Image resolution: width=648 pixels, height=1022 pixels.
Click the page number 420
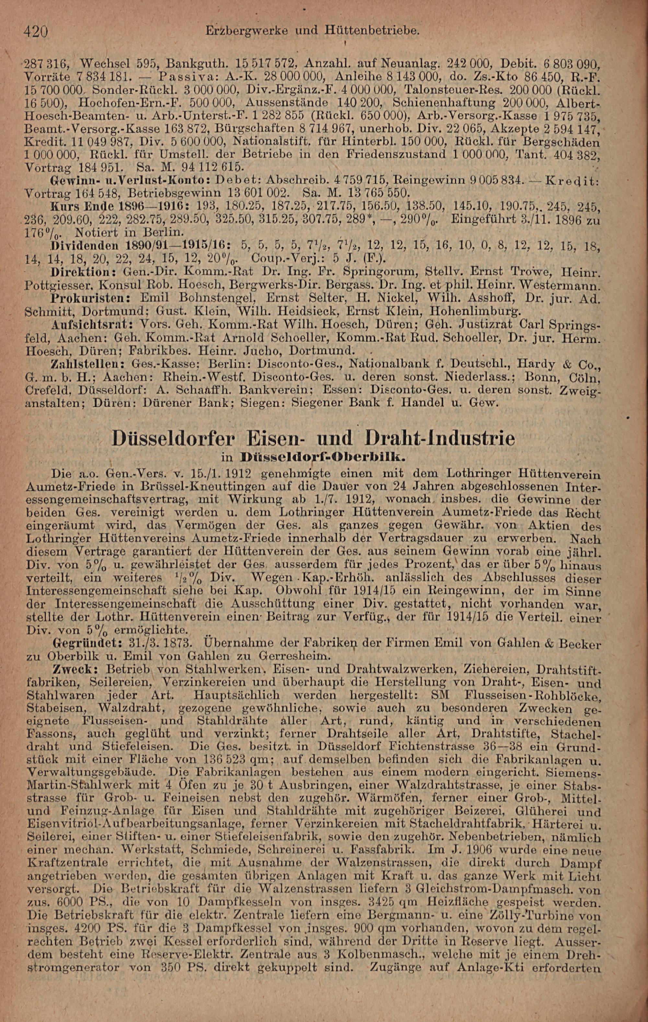click(x=37, y=31)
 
